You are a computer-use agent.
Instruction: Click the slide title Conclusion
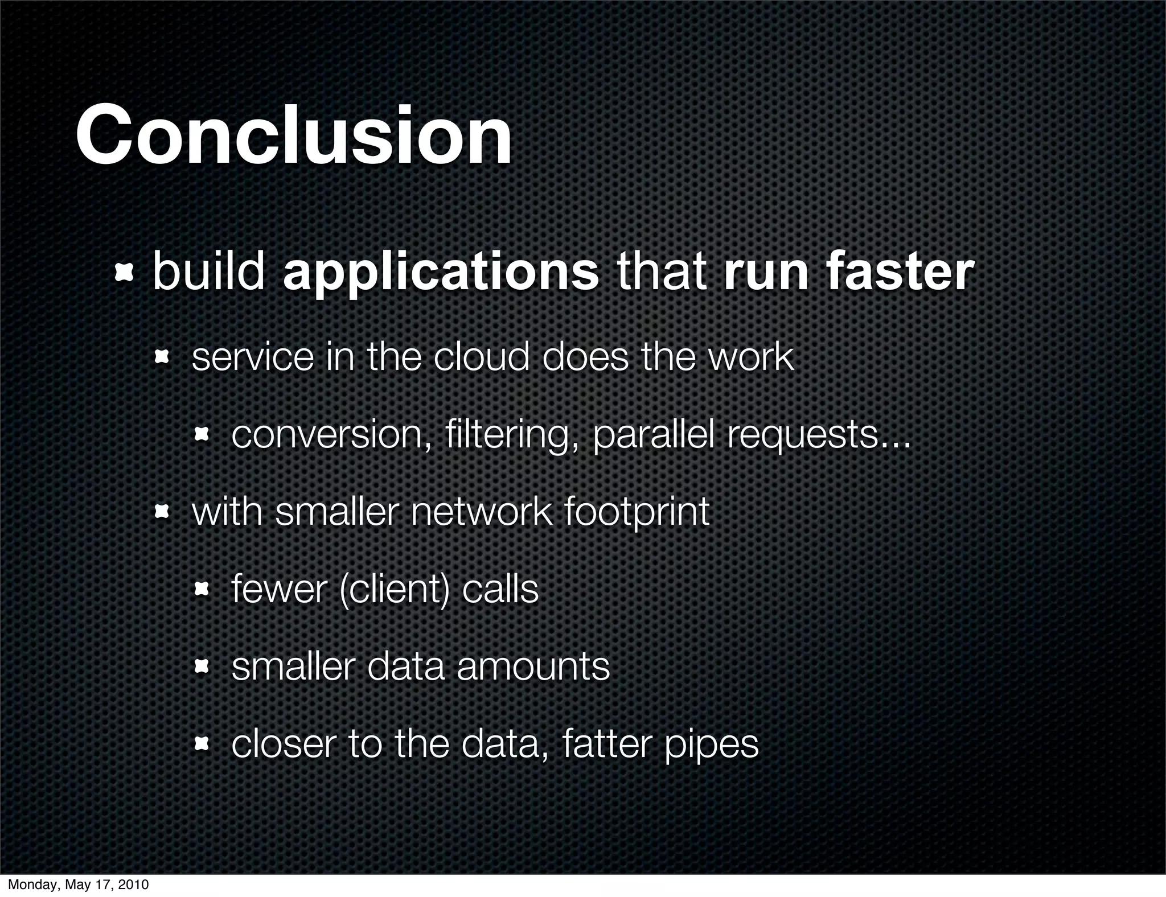294,137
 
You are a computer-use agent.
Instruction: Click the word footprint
637,512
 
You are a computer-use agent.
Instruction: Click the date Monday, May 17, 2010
78,884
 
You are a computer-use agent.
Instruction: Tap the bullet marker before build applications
124,274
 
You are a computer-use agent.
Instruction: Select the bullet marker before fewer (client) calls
202,590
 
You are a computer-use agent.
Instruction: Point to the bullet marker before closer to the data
202,744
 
